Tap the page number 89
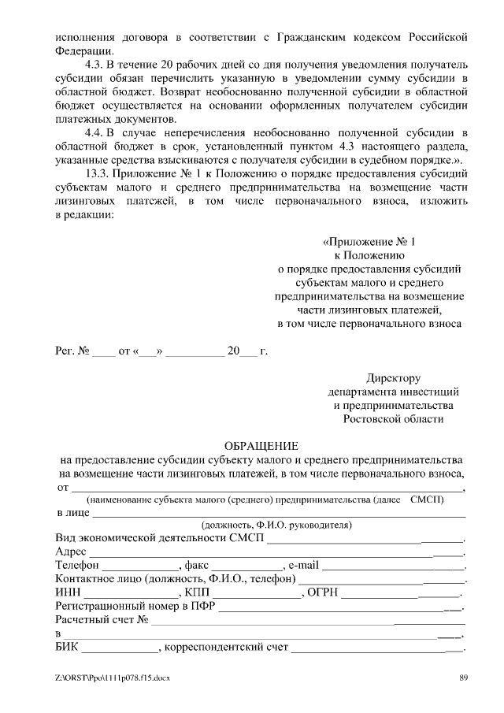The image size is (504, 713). tap(465, 678)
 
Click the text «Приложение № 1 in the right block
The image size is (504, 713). tap(369, 241)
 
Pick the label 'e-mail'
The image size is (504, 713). tap(304, 566)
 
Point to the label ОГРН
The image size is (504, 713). tap(324, 592)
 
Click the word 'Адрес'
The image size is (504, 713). tap(72, 551)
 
